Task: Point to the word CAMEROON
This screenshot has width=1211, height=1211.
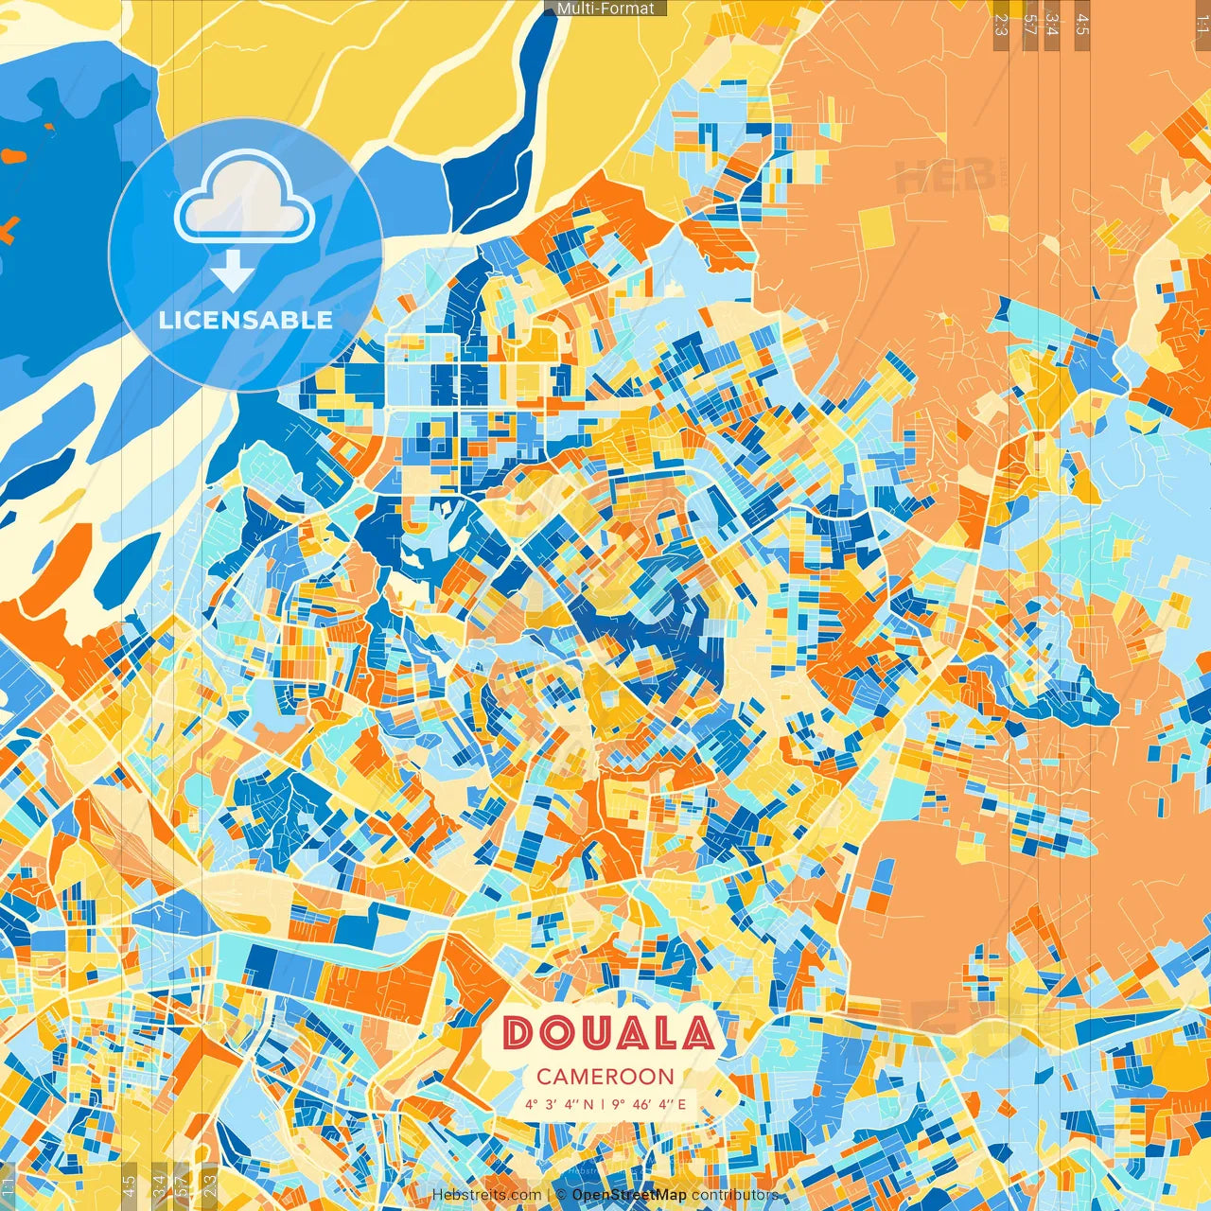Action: (605, 1077)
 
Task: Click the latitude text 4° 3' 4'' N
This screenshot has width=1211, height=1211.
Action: (560, 1104)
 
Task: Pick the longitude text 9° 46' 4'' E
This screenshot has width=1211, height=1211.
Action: (649, 1104)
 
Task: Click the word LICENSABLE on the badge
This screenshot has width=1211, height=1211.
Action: (246, 320)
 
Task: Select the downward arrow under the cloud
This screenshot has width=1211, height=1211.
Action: (232, 272)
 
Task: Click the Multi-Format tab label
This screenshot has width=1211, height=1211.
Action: (605, 9)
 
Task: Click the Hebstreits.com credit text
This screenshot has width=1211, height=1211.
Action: (486, 1196)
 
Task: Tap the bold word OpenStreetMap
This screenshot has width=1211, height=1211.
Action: (629, 1196)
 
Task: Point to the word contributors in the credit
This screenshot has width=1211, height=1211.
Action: (734, 1196)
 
